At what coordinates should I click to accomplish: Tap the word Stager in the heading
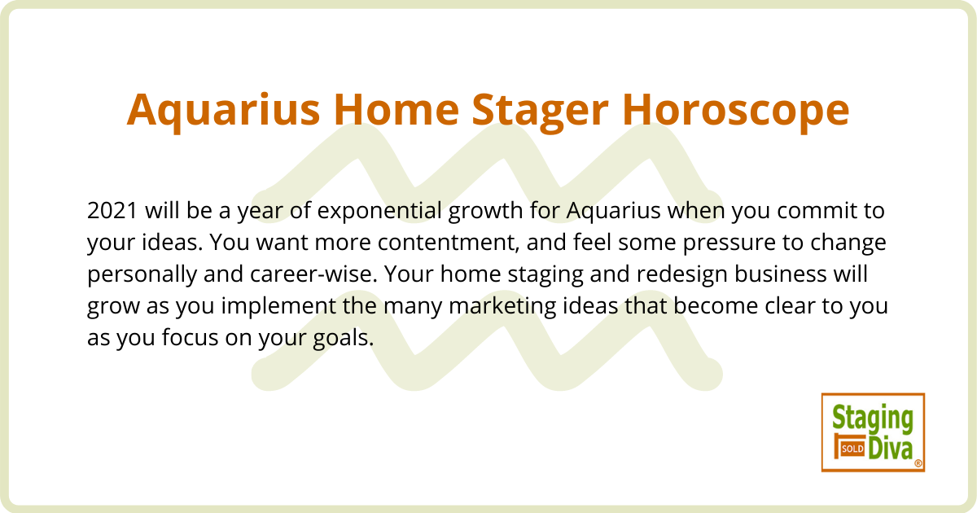(540, 112)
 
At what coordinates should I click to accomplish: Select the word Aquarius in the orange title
(223, 112)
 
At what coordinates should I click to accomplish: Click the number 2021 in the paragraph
(112, 211)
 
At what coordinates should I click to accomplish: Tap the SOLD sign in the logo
(852, 449)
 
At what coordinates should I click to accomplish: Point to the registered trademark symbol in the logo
(918, 463)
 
